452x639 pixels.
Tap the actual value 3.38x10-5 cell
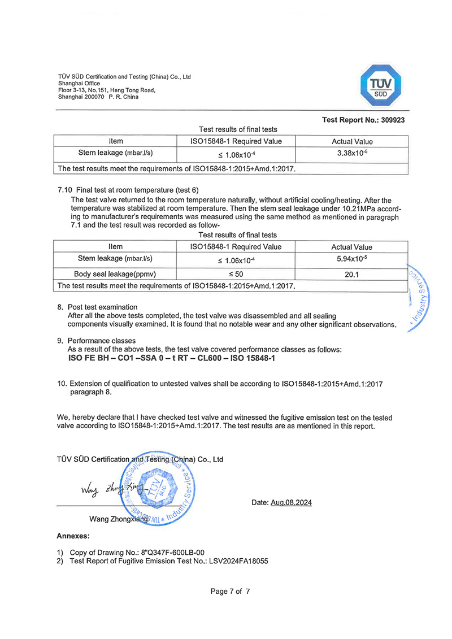pos(351,153)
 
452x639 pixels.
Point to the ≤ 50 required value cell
pos(236,274)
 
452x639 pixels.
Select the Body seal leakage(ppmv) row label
pos(115,274)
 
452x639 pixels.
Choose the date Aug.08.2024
pos(292,503)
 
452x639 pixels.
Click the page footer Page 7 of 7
pos(230,592)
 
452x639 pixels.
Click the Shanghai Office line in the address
pos(79,84)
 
